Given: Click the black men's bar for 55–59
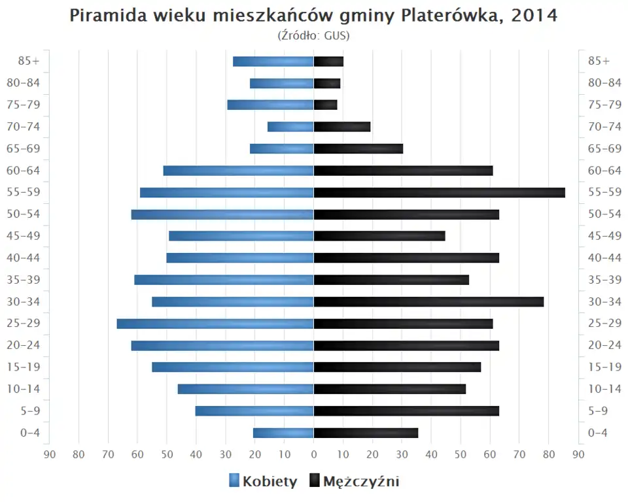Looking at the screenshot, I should pyautogui.click(x=439, y=192).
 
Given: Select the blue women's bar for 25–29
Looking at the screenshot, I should pyautogui.click(x=215, y=324).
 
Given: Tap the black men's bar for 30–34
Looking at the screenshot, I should pyautogui.click(x=428, y=301).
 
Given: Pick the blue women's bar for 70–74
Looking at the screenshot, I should pyautogui.click(x=290, y=127).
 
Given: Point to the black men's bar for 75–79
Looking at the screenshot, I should pyautogui.click(x=326, y=105).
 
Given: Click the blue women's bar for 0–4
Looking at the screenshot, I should pyautogui.click(x=283, y=433).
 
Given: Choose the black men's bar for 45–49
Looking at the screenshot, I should pyautogui.click(x=379, y=236).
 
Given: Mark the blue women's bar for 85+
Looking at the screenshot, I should pyautogui.click(x=273, y=61).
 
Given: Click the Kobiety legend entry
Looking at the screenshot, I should pyautogui.click(x=263, y=482).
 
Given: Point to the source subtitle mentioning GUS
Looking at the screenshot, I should pyautogui.click(x=314, y=35).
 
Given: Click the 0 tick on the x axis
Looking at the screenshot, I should pyautogui.click(x=314, y=454).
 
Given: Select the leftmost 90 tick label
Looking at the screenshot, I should pyautogui.click(x=49, y=454).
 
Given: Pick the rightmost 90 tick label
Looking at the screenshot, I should pyautogui.click(x=578, y=454).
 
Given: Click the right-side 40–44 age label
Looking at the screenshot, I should pyautogui.click(x=604, y=258).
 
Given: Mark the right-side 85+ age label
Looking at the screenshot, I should pyautogui.click(x=599, y=61).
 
